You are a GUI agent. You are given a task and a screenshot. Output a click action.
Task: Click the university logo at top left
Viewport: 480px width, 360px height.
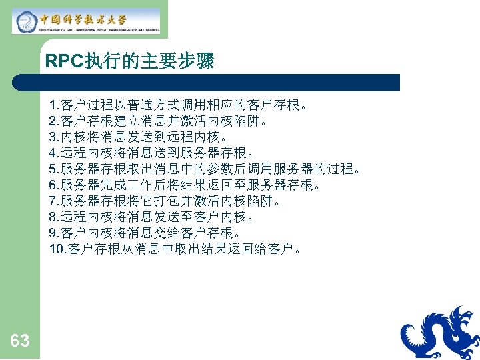tap(87, 21)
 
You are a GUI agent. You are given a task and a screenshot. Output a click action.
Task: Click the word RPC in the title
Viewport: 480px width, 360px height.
tap(63, 62)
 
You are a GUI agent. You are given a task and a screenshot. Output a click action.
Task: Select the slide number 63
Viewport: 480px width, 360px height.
tap(20, 341)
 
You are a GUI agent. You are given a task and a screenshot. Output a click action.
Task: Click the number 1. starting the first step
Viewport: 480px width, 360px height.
tap(54, 105)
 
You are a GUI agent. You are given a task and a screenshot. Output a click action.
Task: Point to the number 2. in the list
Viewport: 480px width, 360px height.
tap(54, 121)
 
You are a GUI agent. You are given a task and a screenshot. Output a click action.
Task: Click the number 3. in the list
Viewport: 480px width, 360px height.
tap(54, 137)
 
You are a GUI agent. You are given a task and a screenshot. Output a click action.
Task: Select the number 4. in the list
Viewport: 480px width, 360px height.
tap(54, 153)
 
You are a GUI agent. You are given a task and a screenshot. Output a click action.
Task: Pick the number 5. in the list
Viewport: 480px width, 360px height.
tap(54, 169)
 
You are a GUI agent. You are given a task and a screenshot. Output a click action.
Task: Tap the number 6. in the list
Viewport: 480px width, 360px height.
tap(54, 185)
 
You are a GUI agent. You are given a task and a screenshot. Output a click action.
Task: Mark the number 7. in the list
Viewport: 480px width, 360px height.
tap(54, 201)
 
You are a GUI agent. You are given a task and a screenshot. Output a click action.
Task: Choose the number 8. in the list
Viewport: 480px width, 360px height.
tap(54, 217)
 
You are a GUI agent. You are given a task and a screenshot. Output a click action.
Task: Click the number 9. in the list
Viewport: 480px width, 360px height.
tap(54, 233)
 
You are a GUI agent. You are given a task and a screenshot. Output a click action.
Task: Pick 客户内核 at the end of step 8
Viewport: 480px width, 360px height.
tap(233, 217)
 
